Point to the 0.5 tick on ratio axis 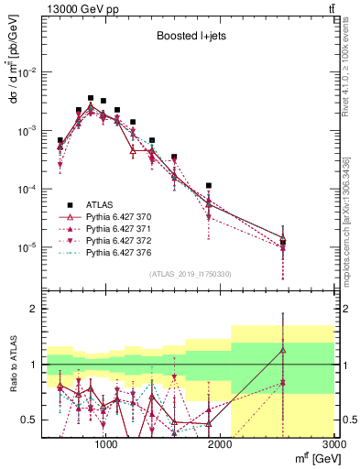pos(30,420)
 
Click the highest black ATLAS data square pos(91,97)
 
